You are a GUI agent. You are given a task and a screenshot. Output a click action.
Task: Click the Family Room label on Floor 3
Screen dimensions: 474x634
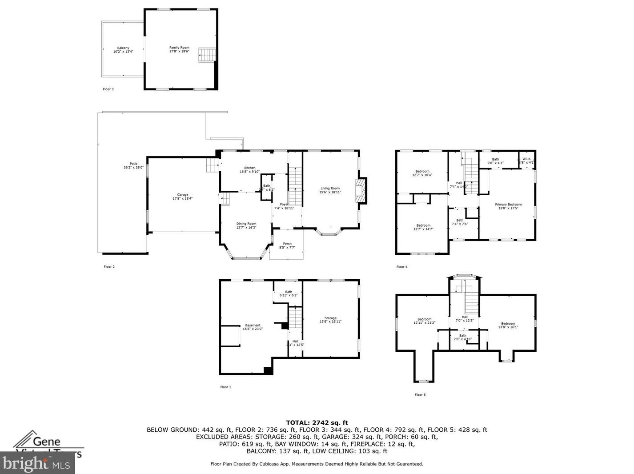[x=179, y=49]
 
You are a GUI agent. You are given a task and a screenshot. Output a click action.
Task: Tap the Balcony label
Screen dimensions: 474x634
[x=123, y=50]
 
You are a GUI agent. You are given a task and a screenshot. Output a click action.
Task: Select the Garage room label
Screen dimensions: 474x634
[x=183, y=197]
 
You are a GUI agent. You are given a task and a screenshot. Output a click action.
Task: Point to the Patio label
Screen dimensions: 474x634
[x=133, y=165]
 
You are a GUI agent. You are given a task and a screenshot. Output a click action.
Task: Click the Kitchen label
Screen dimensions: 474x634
[x=249, y=169]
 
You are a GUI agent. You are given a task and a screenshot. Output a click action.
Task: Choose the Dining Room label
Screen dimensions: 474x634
[x=246, y=225]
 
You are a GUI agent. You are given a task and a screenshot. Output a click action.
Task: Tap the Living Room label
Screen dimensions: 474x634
[x=330, y=190]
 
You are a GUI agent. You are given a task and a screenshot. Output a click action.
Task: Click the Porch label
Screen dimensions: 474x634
[x=287, y=245]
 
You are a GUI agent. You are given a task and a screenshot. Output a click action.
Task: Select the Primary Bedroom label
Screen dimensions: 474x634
[x=508, y=206]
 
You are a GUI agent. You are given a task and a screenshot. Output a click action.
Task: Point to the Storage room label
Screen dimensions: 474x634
[x=330, y=320]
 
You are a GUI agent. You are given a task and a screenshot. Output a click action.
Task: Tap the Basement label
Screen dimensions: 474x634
[x=253, y=327]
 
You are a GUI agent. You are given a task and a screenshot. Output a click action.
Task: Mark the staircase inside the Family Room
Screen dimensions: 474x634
[x=207, y=55]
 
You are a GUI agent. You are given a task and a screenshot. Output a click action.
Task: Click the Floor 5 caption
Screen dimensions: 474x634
[x=420, y=395]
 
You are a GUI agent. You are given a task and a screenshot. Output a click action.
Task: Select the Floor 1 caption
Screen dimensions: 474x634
[x=225, y=387]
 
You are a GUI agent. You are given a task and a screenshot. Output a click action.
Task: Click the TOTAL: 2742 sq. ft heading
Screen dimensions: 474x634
[x=317, y=423]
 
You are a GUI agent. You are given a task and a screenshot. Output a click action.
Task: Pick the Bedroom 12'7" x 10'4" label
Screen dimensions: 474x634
[x=422, y=173]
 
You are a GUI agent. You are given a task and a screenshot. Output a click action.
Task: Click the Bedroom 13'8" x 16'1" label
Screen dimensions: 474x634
[x=508, y=325]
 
